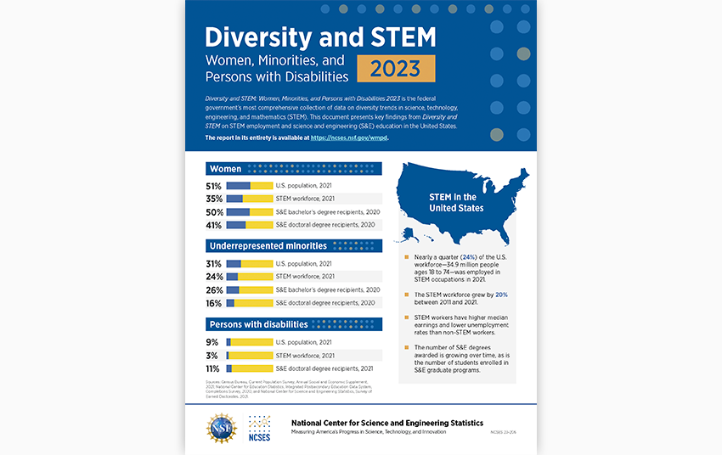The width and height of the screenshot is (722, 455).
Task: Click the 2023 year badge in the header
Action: [x=396, y=69]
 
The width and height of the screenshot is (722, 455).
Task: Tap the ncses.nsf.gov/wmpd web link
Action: [x=349, y=137]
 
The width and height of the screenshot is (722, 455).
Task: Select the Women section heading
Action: [x=226, y=169]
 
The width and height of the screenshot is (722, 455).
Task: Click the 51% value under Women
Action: [x=214, y=186]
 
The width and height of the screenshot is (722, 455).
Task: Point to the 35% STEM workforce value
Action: [x=214, y=199]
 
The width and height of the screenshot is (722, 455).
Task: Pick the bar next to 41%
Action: [x=250, y=225]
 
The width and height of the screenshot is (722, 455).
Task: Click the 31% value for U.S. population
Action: [x=214, y=264]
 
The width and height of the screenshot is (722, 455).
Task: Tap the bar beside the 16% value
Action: [x=250, y=303]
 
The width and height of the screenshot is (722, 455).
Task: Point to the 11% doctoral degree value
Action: [x=214, y=369]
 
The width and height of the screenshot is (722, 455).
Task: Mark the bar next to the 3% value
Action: [x=250, y=356]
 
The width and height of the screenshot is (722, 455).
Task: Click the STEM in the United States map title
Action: [x=457, y=203]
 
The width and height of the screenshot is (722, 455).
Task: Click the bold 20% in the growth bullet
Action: [x=501, y=295]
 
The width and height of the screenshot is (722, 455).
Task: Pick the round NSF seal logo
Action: [x=223, y=427]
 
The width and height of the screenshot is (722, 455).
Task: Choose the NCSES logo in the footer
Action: [x=259, y=427]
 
